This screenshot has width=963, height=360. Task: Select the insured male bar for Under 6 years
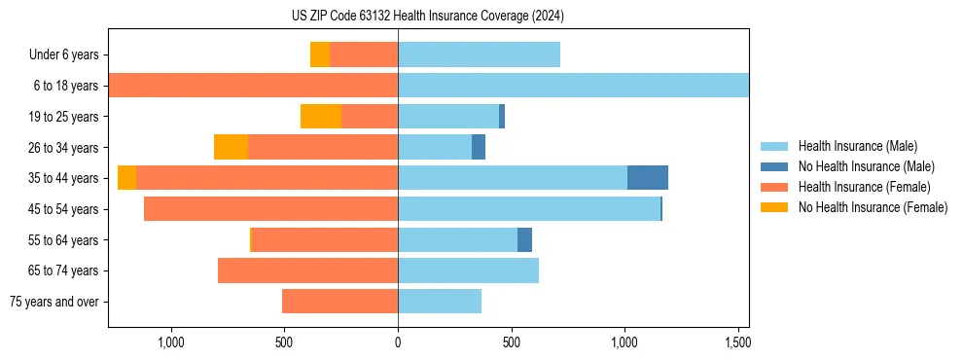pos(479,54)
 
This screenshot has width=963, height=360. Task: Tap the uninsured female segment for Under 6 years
pos(320,54)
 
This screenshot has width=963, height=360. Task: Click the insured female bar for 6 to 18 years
pos(253,86)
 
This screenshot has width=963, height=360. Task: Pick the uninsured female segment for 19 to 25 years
pos(321,117)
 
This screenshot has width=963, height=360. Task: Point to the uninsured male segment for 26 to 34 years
pos(479,147)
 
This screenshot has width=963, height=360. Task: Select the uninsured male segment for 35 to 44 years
pos(648,178)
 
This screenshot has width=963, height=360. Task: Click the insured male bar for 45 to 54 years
pos(529,209)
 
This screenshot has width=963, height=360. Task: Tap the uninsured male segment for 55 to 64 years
pos(525,239)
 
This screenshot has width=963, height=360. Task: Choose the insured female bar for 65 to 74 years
pos(307,270)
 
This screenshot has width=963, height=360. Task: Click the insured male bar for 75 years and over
pos(440,302)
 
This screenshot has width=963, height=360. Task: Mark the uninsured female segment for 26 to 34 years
pos(231,147)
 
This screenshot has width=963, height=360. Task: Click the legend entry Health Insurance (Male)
pos(857,146)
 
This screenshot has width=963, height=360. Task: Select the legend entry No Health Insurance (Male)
pos(866,166)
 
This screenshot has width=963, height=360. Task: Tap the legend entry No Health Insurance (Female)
pos(872,207)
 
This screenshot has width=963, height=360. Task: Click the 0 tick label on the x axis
pos(398,342)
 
